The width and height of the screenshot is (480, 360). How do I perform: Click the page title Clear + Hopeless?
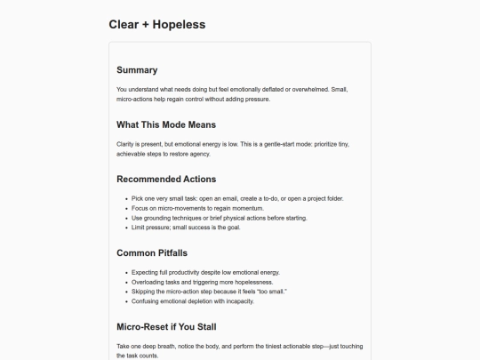(x=156, y=24)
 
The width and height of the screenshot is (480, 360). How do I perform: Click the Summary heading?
(x=137, y=69)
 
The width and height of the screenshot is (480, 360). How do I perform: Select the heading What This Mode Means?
(x=166, y=124)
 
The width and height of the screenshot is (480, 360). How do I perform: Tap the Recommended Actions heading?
(x=166, y=179)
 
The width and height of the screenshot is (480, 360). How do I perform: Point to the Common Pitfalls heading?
(x=152, y=252)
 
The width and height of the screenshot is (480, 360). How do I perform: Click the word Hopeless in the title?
(x=179, y=24)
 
